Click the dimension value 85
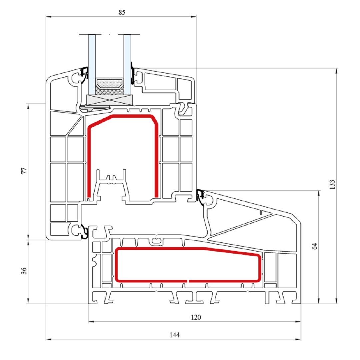[x=122, y=12]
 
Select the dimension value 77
[x=24, y=171]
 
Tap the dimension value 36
[x=24, y=271]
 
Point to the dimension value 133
[x=332, y=185]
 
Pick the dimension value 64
[x=315, y=246]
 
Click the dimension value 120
[x=196, y=317]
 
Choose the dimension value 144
[x=174, y=335]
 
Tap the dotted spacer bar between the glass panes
[x=110, y=84]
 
